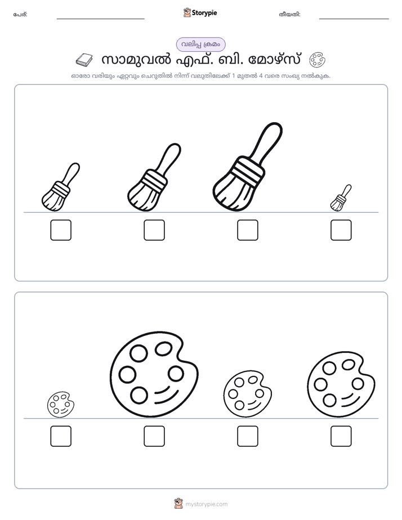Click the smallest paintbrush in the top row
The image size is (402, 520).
(x=341, y=198)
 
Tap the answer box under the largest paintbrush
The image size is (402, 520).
(x=247, y=230)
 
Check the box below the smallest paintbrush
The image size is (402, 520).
(x=341, y=230)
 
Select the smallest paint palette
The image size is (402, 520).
(x=61, y=404)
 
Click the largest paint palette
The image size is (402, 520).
(x=154, y=374)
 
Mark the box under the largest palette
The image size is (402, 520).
(x=154, y=436)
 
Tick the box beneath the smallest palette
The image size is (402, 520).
(x=61, y=436)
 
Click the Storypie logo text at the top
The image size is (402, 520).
(x=204, y=13)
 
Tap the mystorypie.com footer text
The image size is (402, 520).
(x=206, y=504)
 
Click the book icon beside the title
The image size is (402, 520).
(x=84, y=60)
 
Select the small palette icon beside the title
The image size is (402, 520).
(x=318, y=60)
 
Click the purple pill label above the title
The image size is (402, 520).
(x=200, y=44)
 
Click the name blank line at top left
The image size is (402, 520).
(x=100, y=19)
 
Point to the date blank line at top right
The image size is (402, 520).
(x=354, y=19)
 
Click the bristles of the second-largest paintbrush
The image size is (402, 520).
(x=142, y=198)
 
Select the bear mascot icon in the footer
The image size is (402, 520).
(x=178, y=504)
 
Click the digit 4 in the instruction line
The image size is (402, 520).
(x=261, y=75)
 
